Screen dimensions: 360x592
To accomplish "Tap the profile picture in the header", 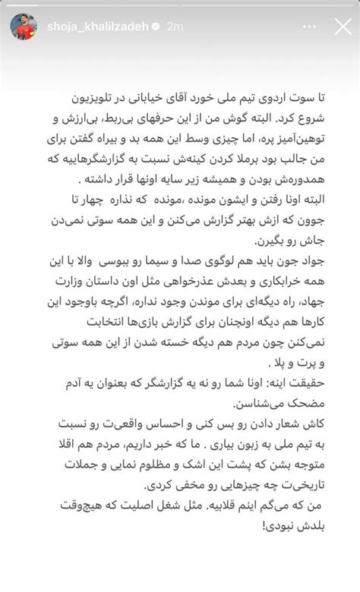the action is tap(23, 27).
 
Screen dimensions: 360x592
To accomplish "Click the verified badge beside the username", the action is tap(155, 27).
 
